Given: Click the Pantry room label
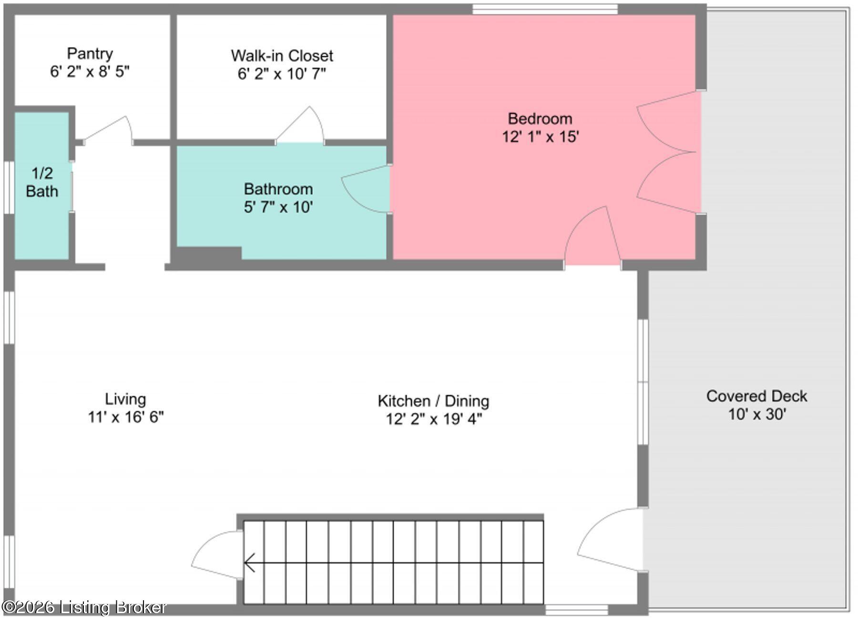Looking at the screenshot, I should point(90,53).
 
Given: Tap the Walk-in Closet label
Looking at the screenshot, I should point(282,56).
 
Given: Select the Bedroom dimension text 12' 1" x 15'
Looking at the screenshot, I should point(540,137).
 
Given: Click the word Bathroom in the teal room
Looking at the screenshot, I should point(278,189).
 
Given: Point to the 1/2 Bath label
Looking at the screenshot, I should point(42,182).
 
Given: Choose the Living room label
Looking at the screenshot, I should point(125,399).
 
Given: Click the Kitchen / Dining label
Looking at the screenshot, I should point(433,401).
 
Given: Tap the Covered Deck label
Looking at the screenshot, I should point(756,396).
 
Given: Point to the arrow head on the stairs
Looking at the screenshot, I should point(249,563).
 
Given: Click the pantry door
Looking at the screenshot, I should point(109,129).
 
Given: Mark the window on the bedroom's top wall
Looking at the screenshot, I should point(545,9).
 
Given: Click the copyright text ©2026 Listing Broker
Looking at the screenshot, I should point(84,607).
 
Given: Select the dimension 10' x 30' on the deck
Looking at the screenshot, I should point(756,414).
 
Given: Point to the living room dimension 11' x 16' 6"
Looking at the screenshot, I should point(125,417).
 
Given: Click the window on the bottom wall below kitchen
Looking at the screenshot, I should point(576,609).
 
